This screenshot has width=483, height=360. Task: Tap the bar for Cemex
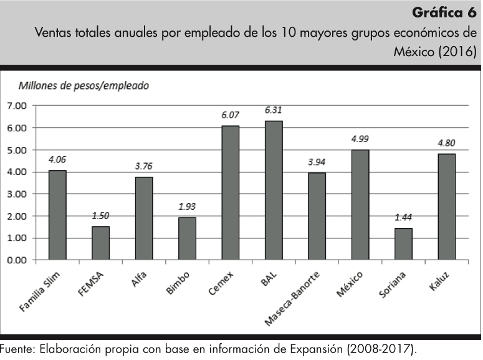click(x=230, y=192)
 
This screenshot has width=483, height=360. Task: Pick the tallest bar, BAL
click(x=273, y=190)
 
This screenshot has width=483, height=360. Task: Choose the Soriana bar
click(x=403, y=244)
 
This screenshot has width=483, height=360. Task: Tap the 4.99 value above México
click(x=360, y=139)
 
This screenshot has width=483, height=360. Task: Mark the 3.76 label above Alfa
click(x=143, y=167)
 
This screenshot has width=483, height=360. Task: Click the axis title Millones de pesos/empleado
click(x=84, y=86)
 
